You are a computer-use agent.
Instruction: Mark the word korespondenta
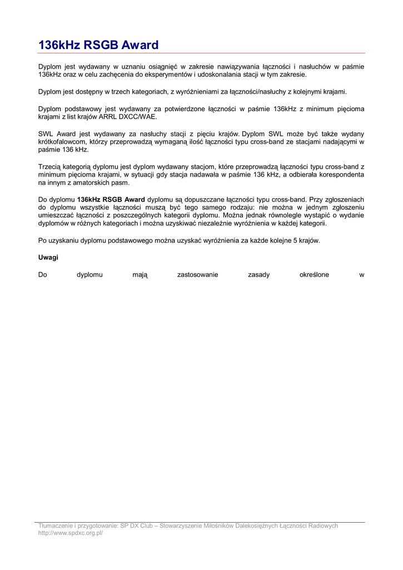(341, 175)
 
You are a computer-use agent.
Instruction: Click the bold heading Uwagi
(48, 258)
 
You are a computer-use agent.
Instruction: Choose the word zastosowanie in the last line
(197, 274)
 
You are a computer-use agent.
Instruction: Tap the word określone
(314, 274)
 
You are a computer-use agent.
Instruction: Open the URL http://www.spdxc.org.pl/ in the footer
(71, 533)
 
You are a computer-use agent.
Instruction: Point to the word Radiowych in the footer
(322, 526)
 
